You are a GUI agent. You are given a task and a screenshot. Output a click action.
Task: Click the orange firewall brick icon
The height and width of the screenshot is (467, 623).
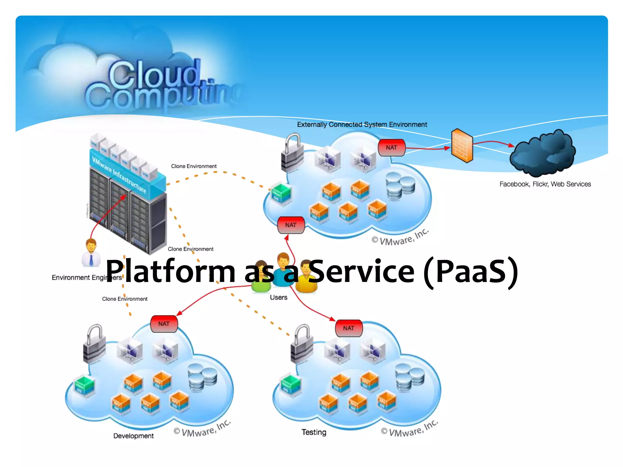462,146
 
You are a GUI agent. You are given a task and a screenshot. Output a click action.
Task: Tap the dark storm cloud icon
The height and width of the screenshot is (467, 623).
543,153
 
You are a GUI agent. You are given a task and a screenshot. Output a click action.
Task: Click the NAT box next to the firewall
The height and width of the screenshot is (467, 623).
392,148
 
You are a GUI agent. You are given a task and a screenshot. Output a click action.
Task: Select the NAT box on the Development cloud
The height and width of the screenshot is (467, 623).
164,324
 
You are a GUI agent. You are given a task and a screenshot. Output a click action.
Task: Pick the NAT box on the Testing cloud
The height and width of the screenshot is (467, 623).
349,328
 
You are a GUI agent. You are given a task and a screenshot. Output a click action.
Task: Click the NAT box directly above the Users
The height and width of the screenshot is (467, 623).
291,225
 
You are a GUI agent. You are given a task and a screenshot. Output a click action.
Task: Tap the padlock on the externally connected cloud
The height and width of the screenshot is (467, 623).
292,153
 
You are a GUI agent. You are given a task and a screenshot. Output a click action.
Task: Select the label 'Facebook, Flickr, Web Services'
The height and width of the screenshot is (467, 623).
545,184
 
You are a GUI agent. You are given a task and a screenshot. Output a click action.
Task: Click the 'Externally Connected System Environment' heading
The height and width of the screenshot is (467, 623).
362,125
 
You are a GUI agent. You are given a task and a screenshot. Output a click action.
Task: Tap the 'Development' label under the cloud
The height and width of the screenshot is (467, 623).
133,436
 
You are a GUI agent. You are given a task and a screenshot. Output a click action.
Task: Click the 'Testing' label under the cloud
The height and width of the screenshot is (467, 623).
314,432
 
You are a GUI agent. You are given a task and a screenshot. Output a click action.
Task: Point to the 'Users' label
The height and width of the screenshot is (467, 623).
278,297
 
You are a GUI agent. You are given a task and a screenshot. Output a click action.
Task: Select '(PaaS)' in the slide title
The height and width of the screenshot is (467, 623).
471,271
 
